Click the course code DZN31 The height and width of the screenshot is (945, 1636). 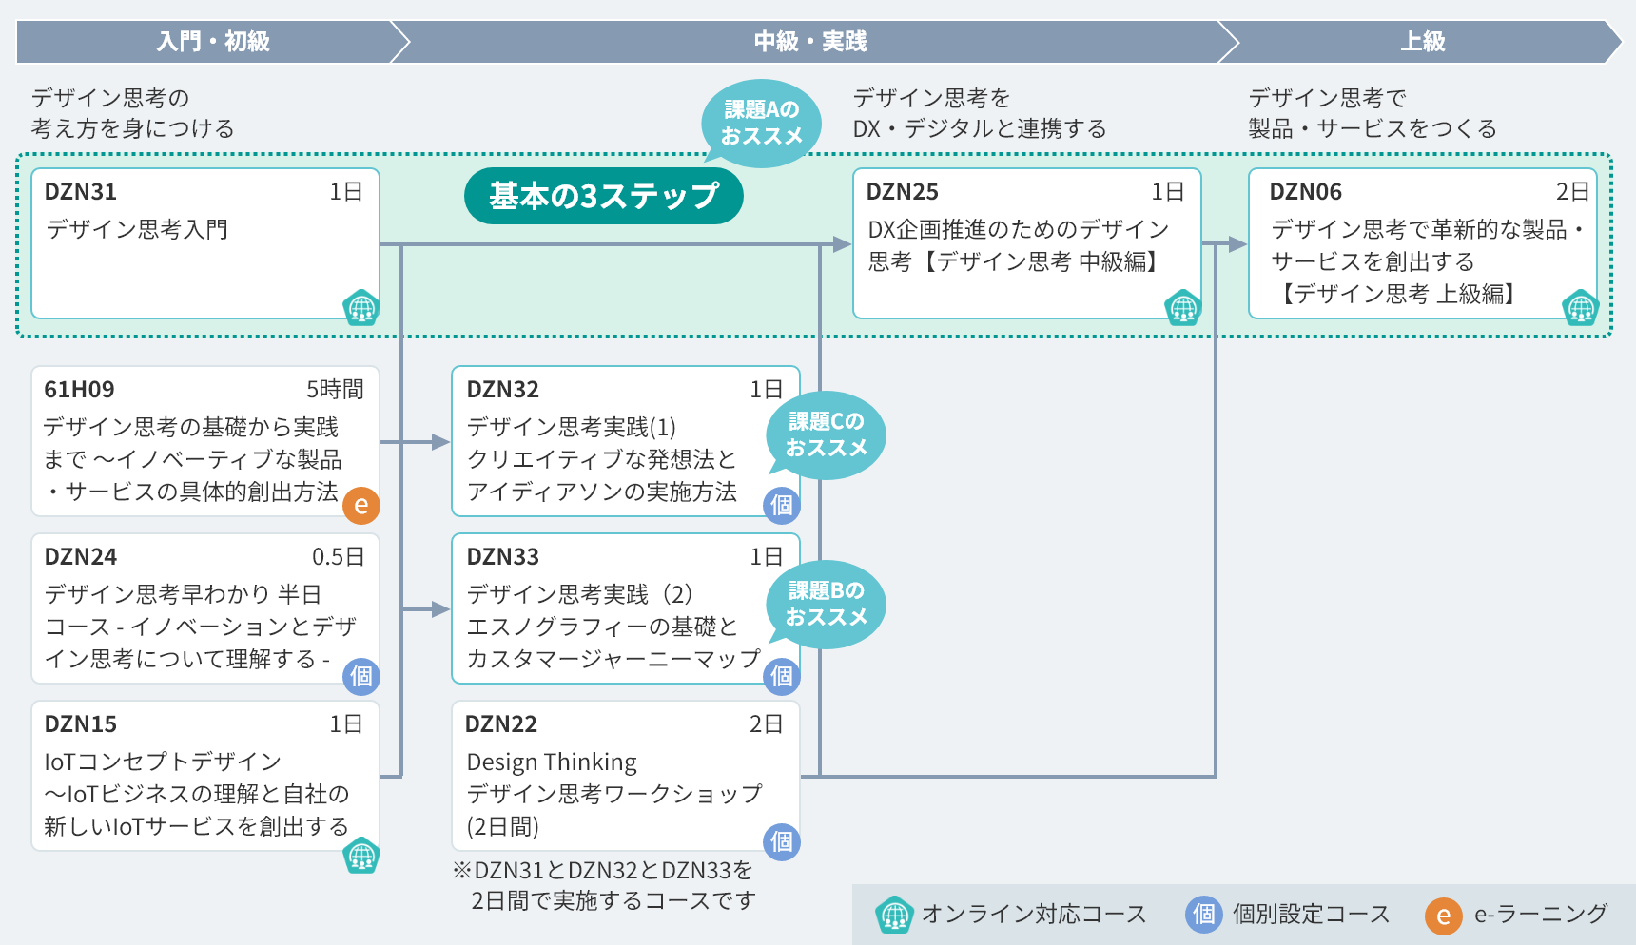[x=81, y=192]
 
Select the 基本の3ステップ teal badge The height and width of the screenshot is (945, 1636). [x=603, y=196]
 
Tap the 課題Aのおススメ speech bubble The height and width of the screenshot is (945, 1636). [x=761, y=124]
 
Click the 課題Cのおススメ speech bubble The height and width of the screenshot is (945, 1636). [x=826, y=434]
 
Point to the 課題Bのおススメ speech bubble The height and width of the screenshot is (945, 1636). [x=826, y=604]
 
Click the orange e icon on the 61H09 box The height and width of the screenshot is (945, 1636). [x=361, y=505]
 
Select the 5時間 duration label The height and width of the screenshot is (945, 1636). [x=335, y=390]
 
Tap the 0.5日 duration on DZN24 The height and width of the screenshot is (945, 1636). [x=338, y=557]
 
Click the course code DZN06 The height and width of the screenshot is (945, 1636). [x=1305, y=192]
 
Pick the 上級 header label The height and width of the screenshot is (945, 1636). [x=1422, y=42]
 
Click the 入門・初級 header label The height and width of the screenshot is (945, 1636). [x=213, y=42]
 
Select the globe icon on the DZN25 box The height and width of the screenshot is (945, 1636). [x=1183, y=307]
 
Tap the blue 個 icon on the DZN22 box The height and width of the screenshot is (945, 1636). [x=782, y=841]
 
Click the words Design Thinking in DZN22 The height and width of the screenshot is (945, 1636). [x=552, y=762]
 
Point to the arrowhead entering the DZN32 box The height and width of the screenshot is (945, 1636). [x=440, y=442]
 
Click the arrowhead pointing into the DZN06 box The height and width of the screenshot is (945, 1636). [x=1237, y=244]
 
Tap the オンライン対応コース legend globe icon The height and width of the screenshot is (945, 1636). [x=894, y=915]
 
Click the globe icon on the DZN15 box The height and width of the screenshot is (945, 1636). [x=361, y=856]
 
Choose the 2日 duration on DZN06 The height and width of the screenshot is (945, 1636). [x=1572, y=192]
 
